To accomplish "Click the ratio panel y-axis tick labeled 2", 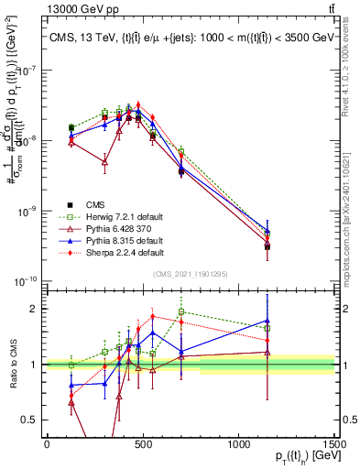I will click(35, 309).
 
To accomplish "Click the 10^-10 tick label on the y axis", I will click(26, 281).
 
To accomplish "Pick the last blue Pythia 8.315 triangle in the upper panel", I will click(318, 232).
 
